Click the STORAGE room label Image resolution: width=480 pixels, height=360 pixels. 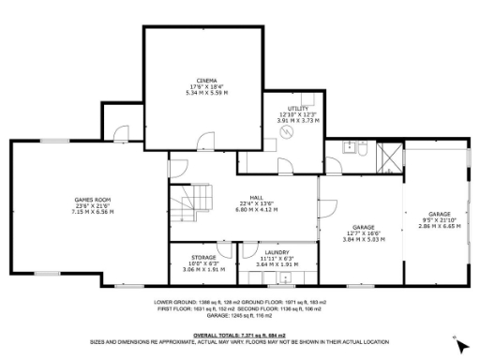click(x=203, y=257)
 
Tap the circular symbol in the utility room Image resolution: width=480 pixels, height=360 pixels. click(x=289, y=133)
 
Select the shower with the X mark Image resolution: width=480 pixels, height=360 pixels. click(x=384, y=157)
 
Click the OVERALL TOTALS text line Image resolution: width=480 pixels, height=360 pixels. click(x=239, y=335)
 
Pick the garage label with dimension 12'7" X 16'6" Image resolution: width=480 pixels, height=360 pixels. click(x=363, y=232)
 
